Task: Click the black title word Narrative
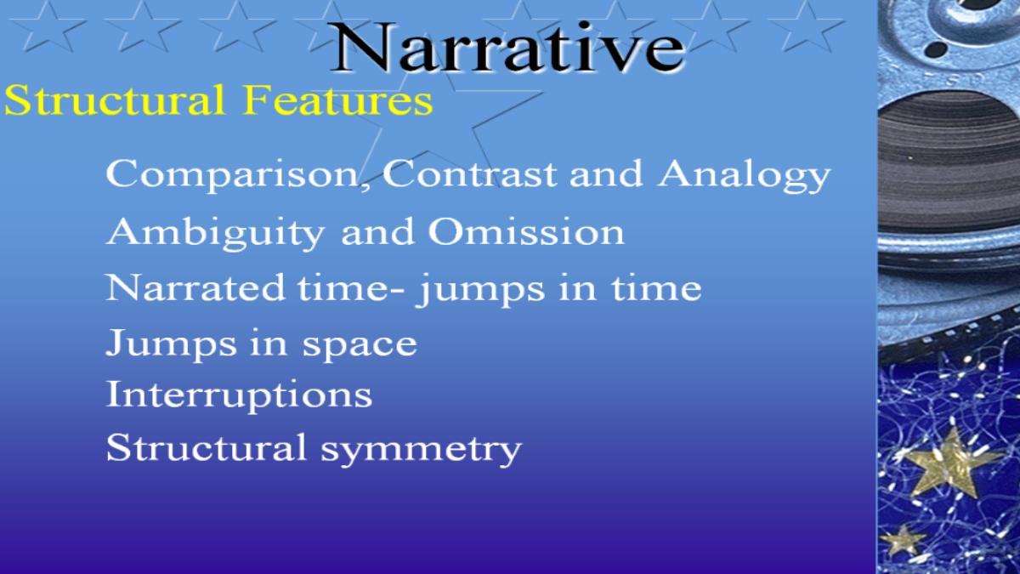pos(507,48)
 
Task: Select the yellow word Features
pos(337,99)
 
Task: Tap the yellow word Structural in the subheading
pos(114,99)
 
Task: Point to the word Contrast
pos(469,173)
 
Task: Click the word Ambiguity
pos(215,233)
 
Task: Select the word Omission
pos(526,231)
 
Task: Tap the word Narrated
pos(195,287)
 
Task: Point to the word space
pos(360,345)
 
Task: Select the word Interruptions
pos(239,395)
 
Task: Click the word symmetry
pos(422,450)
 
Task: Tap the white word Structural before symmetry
pos(206,447)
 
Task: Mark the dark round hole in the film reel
pos(937,48)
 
